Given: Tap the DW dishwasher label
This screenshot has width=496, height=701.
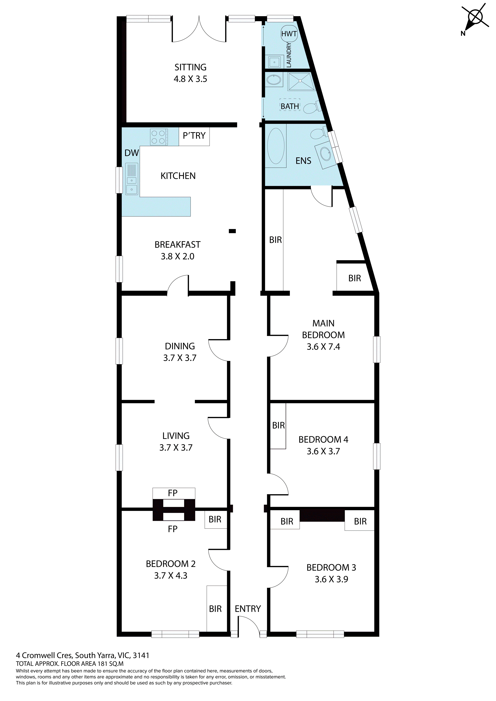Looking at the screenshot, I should click(132, 153).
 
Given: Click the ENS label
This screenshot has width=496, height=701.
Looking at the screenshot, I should click(303, 161).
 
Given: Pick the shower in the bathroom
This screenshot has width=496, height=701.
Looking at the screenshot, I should click(301, 81).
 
